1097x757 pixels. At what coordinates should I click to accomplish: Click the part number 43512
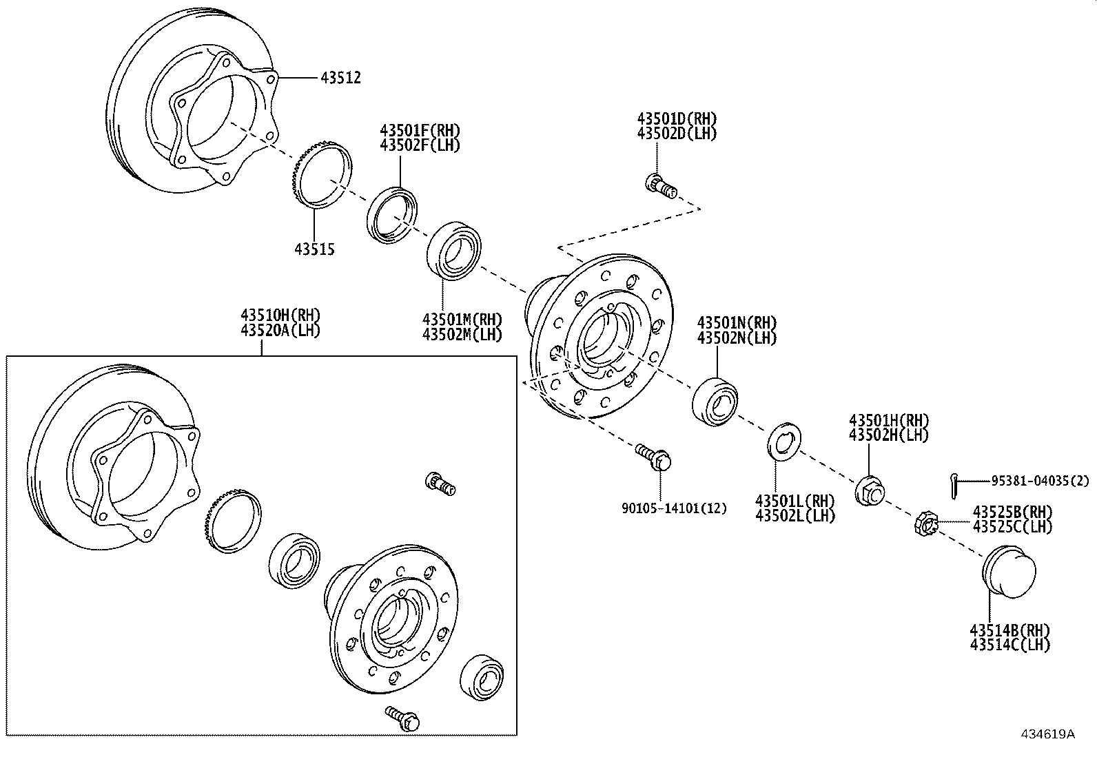point(340,78)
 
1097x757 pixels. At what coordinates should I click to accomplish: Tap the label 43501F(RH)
point(420,129)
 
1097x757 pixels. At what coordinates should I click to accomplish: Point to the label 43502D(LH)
point(677,134)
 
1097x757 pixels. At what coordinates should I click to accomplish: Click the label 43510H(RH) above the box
point(280,315)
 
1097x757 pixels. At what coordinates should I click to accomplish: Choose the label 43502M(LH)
point(462,335)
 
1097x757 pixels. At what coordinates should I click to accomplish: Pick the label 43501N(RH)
point(737,322)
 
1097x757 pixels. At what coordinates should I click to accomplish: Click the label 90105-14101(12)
point(673,508)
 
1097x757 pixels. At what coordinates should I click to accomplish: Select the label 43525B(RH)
point(1012,512)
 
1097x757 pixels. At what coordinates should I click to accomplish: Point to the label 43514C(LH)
point(1009,645)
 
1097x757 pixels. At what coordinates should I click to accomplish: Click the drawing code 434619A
point(1047,734)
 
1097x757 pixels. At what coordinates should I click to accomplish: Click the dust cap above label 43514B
point(1008,570)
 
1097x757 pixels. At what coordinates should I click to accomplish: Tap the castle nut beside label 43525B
point(925,525)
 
